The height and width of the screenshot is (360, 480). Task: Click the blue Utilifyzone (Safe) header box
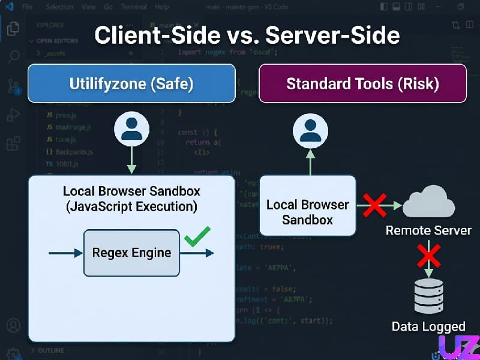pos(131,83)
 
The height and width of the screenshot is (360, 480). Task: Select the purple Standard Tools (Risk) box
pos(362,83)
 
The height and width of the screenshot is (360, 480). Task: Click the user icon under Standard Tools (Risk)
pos(310,130)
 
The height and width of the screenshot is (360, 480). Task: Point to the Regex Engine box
pos(131,253)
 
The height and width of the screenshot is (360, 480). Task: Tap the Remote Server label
pos(428,230)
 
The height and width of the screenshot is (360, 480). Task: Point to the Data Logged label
pos(428,327)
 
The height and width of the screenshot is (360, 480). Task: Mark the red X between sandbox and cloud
pos(375,205)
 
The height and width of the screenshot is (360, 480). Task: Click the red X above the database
pos(428,256)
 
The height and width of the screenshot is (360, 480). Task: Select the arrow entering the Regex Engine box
pos(66,253)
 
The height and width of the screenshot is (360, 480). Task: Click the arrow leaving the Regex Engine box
pos(197,253)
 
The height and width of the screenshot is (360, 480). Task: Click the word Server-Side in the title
pos(332,35)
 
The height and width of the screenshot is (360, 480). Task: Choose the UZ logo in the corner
pos(458,346)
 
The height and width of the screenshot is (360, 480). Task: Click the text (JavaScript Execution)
pos(131,208)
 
